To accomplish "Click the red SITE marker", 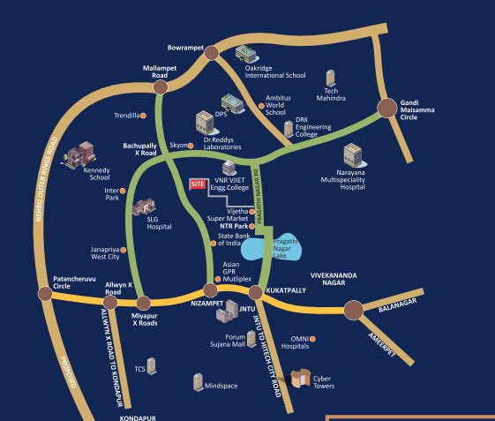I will click(x=198, y=184).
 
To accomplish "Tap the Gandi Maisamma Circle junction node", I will click(x=387, y=108).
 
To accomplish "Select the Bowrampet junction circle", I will click(x=211, y=53).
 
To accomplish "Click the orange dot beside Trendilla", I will click(x=144, y=116).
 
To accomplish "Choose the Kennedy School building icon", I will click(x=78, y=156).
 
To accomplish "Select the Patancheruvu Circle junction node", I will click(x=45, y=294).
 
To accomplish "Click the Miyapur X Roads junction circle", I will click(x=144, y=304).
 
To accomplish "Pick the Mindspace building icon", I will click(x=199, y=382).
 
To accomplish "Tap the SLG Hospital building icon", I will click(x=141, y=207).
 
